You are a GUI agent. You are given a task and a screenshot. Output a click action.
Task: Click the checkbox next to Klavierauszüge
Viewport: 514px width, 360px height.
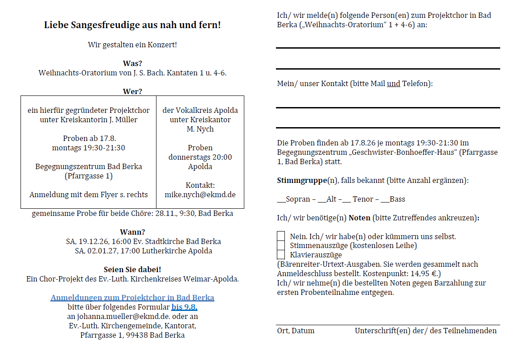281,255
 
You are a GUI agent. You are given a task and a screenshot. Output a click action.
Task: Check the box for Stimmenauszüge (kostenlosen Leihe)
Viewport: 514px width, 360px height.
281,245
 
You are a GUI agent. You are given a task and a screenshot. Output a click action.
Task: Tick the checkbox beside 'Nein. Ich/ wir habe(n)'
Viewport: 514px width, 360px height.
281,236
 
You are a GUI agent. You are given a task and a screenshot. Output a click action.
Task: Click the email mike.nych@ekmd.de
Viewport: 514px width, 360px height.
200,194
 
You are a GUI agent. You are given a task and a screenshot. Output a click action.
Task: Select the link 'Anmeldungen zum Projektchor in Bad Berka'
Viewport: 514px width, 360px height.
132,298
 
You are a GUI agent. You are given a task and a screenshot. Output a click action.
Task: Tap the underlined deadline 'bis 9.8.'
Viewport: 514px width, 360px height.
184,307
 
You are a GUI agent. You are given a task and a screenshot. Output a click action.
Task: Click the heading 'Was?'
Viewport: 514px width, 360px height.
132,63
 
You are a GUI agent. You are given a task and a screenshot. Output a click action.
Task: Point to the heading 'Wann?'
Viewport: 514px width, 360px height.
132,232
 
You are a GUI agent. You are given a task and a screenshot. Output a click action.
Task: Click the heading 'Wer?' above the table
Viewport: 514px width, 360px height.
132,91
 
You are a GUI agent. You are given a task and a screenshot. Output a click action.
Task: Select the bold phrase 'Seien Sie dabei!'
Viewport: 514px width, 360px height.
132,269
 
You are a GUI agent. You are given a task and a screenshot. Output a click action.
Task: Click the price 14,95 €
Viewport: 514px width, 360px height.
420,273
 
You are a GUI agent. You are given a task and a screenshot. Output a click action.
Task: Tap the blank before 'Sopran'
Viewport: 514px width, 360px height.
281,199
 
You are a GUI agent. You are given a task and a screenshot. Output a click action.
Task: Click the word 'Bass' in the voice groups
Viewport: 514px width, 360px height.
397,199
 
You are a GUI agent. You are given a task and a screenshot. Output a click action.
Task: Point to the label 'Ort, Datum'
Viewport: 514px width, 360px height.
296,331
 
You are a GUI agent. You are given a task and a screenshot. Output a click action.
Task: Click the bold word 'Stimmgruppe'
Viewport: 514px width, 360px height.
302,180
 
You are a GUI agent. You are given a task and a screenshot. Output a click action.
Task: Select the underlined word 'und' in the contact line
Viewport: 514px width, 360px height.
393,83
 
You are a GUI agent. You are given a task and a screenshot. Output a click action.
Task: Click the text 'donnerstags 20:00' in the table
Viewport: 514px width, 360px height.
200,157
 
